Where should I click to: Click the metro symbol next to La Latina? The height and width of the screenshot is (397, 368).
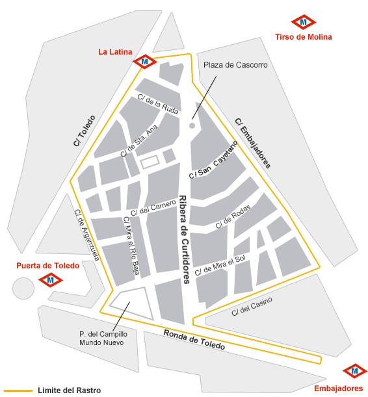point(144,62)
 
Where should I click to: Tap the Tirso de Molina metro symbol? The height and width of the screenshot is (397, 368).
point(303,22)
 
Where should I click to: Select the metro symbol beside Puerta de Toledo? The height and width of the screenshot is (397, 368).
point(51,280)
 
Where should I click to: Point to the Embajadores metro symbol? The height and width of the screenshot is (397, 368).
point(354,372)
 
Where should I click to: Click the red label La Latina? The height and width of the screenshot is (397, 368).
point(115,52)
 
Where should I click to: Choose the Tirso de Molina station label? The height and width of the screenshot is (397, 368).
point(304,37)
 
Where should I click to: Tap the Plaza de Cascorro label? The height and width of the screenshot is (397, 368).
point(226,65)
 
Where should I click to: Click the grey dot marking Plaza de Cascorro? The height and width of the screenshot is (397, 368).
point(192,125)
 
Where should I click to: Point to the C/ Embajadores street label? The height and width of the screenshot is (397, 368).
point(253,144)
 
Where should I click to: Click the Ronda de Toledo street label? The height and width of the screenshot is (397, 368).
point(194,340)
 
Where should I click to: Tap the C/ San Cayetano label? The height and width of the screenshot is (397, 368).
point(214,160)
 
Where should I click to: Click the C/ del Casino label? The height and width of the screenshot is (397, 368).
point(252,306)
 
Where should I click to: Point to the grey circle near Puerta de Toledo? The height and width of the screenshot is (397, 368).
point(23,287)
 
